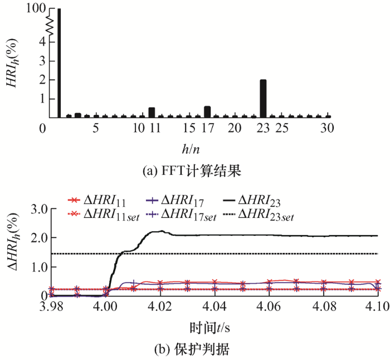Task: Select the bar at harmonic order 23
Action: coord(263,99)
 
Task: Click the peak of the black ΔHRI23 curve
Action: coord(161,231)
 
